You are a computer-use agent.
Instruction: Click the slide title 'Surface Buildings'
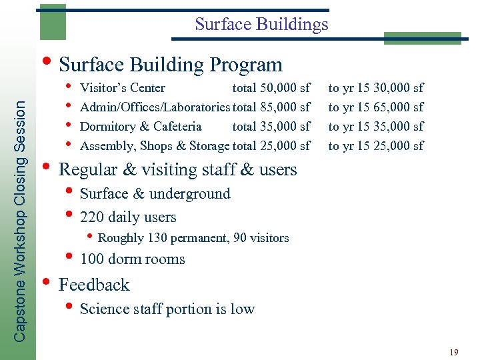click(x=261, y=25)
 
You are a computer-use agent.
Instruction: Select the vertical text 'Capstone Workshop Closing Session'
click(x=21, y=220)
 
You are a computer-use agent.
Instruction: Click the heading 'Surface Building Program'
click(x=171, y=65)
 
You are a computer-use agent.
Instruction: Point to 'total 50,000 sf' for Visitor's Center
click(x=271, y=88)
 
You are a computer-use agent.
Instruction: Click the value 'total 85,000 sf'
click(x=271, y=107)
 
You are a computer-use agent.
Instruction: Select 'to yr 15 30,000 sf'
click(x=375, y=88)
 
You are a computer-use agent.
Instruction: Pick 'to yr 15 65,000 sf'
click(x=375, y=107)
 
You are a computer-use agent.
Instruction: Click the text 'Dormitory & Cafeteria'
click(x=141, y=126)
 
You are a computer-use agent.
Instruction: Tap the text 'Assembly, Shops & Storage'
click(x=155, y=145)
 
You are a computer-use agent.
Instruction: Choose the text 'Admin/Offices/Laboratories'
click(x=155, y=107)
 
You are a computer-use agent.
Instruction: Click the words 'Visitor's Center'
click(x=123, y=88)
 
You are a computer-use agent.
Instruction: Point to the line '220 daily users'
click(x=128, y=217)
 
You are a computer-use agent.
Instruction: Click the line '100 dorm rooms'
click(x=132, y=259)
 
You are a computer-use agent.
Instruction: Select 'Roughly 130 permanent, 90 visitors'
click(x=193, y=238)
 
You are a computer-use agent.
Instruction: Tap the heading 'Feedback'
click(x=94, y=285)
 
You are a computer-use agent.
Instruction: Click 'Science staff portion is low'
click(x=167, y=309)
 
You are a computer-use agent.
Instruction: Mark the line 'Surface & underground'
click(x=155, y=194)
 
